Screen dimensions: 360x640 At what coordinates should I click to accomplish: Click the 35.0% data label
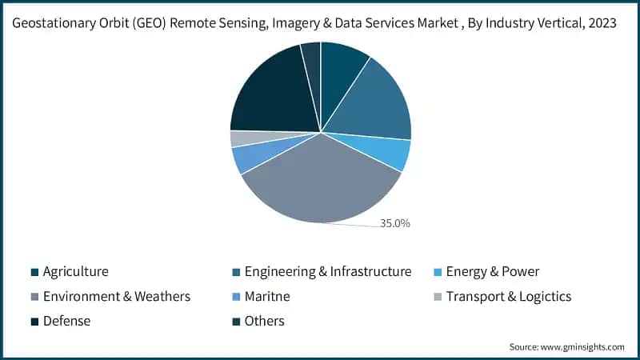pyautogui.click(x=394, y=223)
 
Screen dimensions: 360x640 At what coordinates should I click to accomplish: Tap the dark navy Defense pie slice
pyautogui.click(x=272, y=92)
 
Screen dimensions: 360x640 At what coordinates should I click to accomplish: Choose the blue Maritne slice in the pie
pyautogui.click(x=248, y=158)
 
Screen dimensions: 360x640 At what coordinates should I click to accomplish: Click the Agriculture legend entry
pyautogui.click(x=75, y=272)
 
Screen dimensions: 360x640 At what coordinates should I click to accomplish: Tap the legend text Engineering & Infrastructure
pyautogui.click(x=327, y=272)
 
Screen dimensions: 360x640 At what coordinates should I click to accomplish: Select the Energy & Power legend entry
pyautogui.click(x=493, y=272)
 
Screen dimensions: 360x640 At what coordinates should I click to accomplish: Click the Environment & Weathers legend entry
pyautogui.click(x=116, y=297)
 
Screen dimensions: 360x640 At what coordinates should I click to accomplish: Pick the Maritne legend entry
pyautogui.click(x=266, y=297)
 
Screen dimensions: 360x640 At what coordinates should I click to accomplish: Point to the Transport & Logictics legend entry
pyautogui.click(x=508, y=297)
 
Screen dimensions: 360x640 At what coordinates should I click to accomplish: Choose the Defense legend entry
pyautogui.click(x=66, y=322)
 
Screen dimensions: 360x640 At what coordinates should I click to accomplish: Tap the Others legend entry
pyautogui.click(x=264, y=322)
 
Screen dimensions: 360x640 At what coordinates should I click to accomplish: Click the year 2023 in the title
pyautogui.click(x=599, y=23)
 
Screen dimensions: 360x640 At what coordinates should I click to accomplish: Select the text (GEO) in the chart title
pyautogui.click(x=160, y=23)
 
